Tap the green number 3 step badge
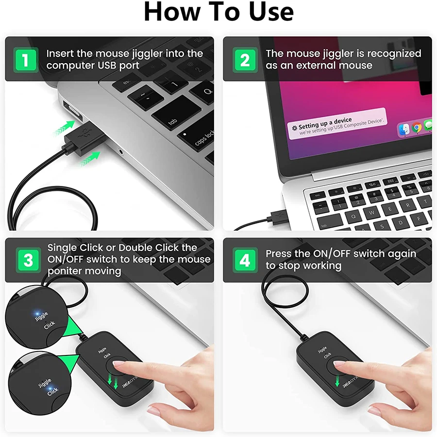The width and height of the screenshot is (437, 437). point(28,260)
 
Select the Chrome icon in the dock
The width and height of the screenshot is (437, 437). point(416,128)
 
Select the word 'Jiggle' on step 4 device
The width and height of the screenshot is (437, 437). point(322,350)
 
